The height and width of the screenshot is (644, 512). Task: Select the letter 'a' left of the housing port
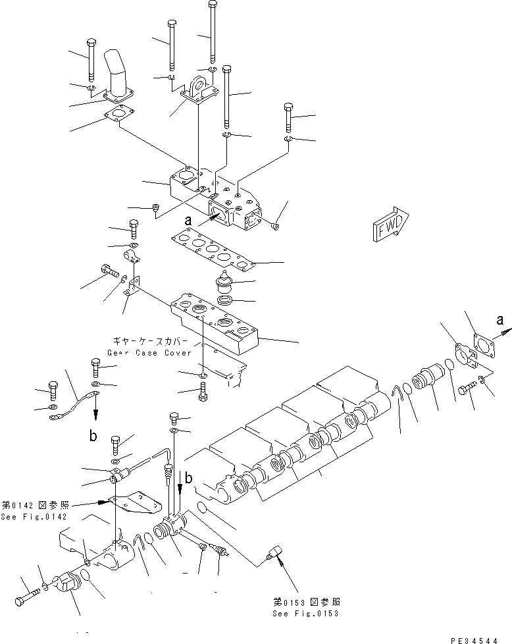pos(188,222)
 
